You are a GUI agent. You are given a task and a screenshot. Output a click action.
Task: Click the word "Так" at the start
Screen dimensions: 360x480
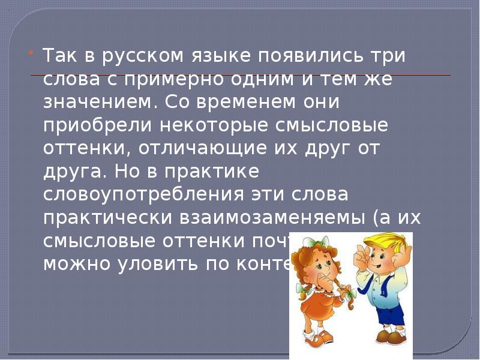[x=58, y=56]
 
